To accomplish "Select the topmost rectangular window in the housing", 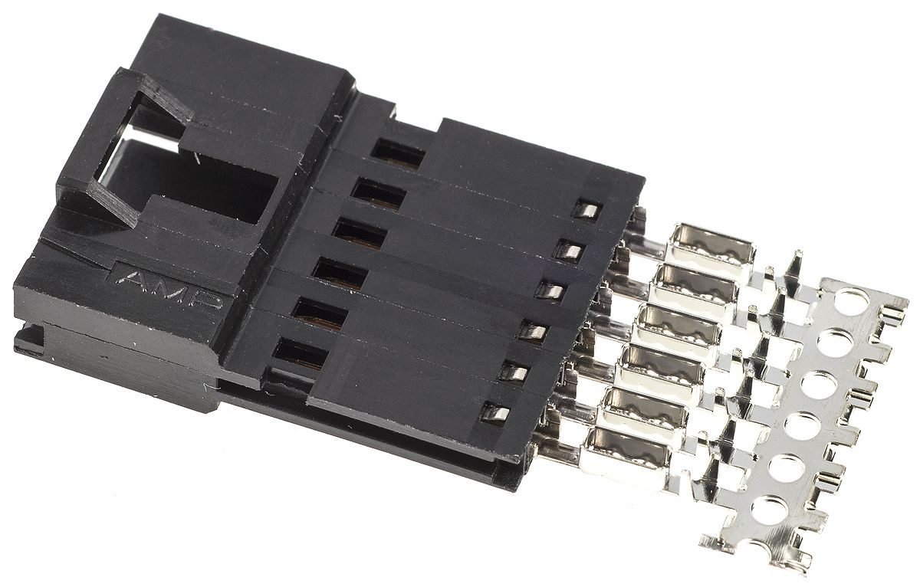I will pos(398,152).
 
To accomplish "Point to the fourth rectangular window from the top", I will pos(339,273).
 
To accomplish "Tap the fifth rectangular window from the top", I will pos(319,313).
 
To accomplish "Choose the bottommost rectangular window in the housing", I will pos(299,353).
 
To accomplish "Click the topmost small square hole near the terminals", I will pos(587,211).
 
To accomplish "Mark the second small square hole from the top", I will pos(568,250).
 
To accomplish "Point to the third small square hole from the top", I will pos(547,290).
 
